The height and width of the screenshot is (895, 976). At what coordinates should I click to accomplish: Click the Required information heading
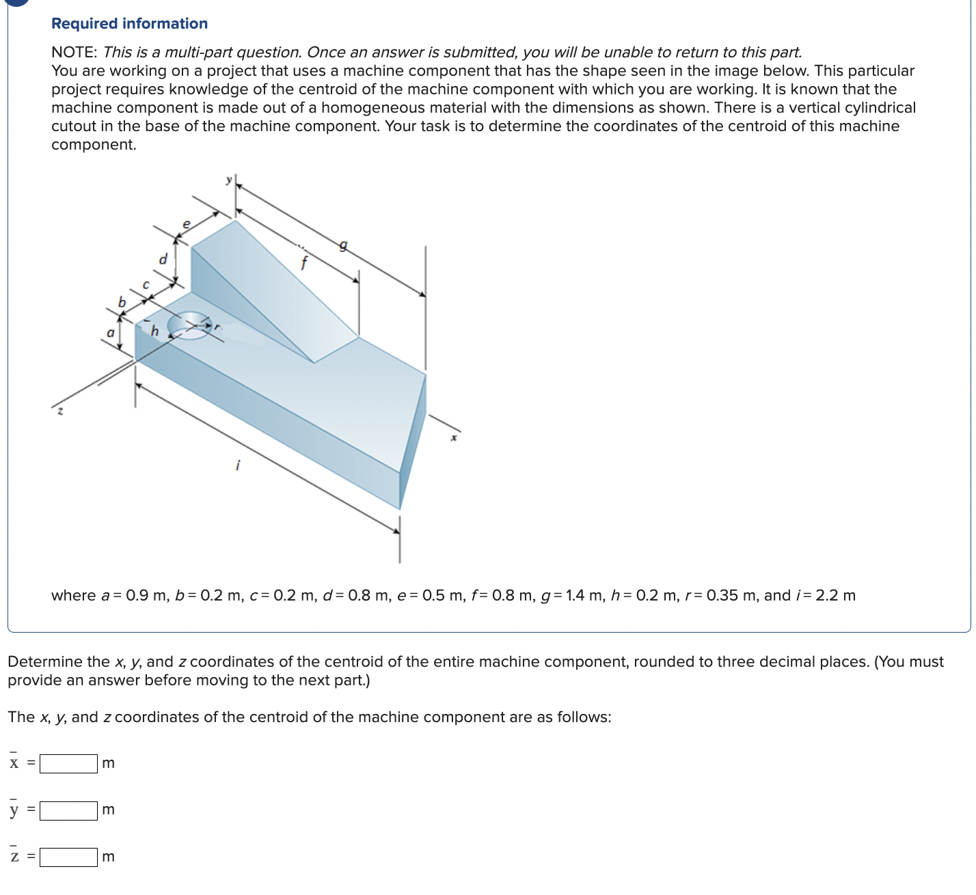point(129,23)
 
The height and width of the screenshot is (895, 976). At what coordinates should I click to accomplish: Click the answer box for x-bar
point(68,763)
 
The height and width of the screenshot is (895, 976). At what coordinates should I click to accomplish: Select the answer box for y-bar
point(68,810)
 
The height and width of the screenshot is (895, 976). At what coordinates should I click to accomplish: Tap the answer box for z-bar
point(68,857)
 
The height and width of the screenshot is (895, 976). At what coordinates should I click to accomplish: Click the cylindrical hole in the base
point(189,325)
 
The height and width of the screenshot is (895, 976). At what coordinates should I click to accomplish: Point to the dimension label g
point(344,245)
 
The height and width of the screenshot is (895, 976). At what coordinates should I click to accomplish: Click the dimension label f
point(304,262)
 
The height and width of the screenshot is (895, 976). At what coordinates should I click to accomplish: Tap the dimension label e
point(185,223)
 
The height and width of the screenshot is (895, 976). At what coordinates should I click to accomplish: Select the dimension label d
point(163,260)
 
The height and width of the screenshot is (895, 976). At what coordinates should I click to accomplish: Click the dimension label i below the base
point(237,465)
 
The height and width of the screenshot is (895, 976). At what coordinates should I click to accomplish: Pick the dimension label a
point(109,333)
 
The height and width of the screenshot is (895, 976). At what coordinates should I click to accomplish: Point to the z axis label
point(60,411)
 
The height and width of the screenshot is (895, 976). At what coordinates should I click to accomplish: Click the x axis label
point(453,437)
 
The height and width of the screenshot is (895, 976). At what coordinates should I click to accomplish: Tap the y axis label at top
point(229,180)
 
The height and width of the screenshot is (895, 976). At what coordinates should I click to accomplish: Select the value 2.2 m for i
point(835,595)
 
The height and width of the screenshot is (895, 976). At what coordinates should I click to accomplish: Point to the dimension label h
point(154,331)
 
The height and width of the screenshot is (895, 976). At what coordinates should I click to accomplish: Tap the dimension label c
point(145,284)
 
